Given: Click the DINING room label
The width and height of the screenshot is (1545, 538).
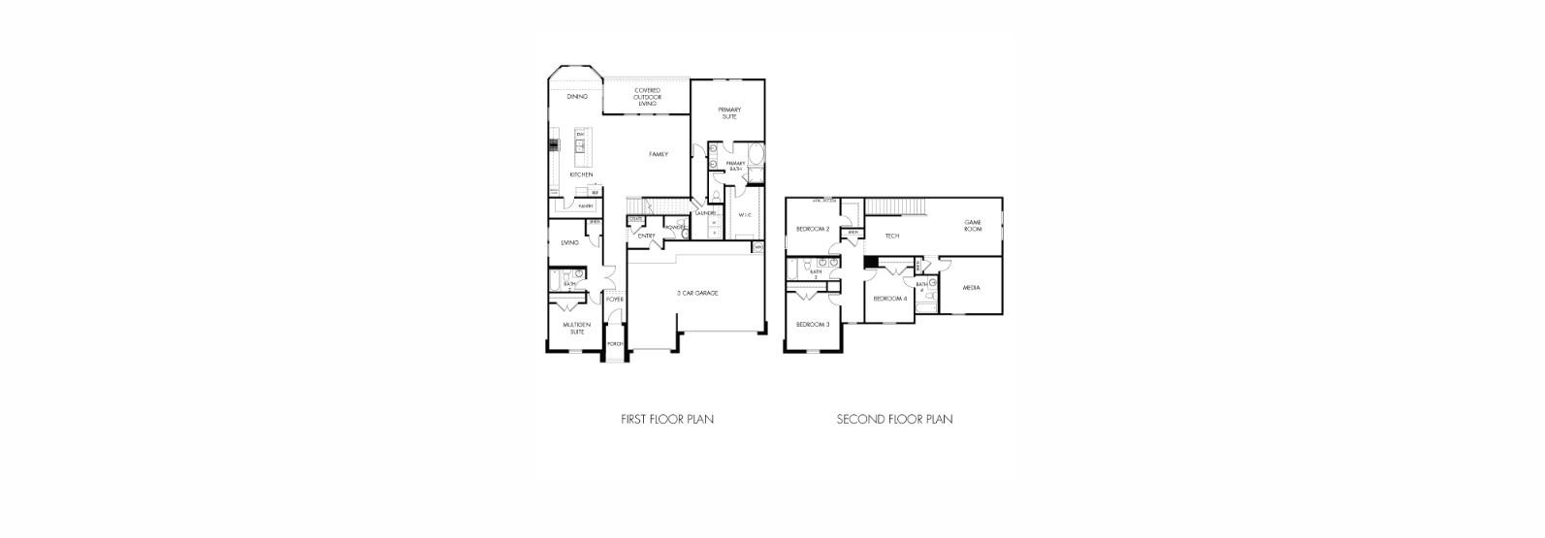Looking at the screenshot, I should click(577, 97).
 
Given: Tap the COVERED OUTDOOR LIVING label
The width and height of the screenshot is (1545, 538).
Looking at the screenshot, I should click(647, 97).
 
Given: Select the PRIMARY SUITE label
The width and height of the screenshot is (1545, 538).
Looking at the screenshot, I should click(729, 112).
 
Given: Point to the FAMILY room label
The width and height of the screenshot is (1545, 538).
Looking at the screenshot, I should click(659, 154).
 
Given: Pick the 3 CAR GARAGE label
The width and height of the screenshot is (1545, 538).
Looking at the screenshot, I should click(697, 293).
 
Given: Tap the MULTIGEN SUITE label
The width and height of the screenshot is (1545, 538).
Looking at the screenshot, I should click(577, 330).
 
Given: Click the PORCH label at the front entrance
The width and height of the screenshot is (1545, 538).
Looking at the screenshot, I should click(615, 344).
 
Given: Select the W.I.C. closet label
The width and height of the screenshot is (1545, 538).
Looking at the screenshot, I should click(745, 215).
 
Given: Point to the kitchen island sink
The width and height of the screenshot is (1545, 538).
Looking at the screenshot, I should click(580, 147).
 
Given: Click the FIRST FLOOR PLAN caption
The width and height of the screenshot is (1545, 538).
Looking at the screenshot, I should click(667, 420).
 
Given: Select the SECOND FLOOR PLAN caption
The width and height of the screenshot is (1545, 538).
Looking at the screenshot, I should click(894, 420).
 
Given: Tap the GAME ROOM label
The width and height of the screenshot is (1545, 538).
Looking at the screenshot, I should click(973, 226).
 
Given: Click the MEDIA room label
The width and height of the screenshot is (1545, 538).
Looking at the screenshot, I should click(971, 288).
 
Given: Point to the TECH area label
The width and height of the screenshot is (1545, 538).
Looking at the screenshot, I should click(892, 236).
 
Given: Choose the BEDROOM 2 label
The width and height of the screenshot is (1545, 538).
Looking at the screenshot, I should click(813, 230).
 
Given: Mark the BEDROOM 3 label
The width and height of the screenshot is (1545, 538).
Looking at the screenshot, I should click(813, 324).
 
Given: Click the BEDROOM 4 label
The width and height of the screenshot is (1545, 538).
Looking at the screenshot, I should click(889, 299).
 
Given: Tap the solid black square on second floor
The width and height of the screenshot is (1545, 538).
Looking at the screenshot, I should click(871, 262).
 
